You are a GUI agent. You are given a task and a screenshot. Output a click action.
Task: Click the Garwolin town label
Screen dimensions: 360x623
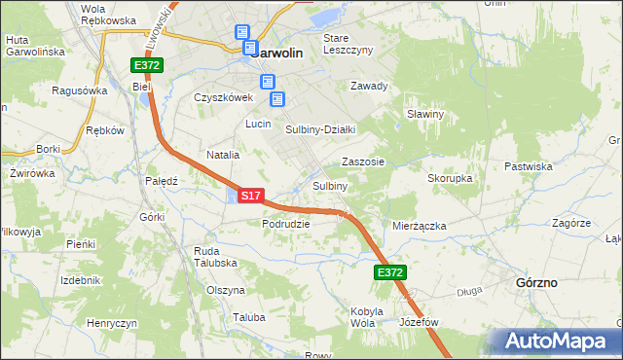click(280, 54)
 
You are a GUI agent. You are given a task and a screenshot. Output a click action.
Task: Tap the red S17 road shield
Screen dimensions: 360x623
click(250, 196)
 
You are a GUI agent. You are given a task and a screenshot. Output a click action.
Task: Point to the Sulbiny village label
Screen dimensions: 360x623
click(330, 186)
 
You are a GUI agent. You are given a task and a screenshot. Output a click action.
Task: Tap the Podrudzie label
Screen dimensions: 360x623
click(285, 224)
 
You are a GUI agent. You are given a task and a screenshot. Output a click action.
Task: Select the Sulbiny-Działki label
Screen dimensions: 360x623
click(320, 129)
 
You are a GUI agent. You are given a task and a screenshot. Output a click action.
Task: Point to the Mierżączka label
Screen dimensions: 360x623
click(419, 226)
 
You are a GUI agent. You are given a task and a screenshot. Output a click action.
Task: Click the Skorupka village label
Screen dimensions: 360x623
click(450, 179)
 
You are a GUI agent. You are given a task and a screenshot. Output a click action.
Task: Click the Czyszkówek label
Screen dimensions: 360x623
click(223, 97)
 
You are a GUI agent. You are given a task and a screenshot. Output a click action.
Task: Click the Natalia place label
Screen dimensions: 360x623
click(223, 155)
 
